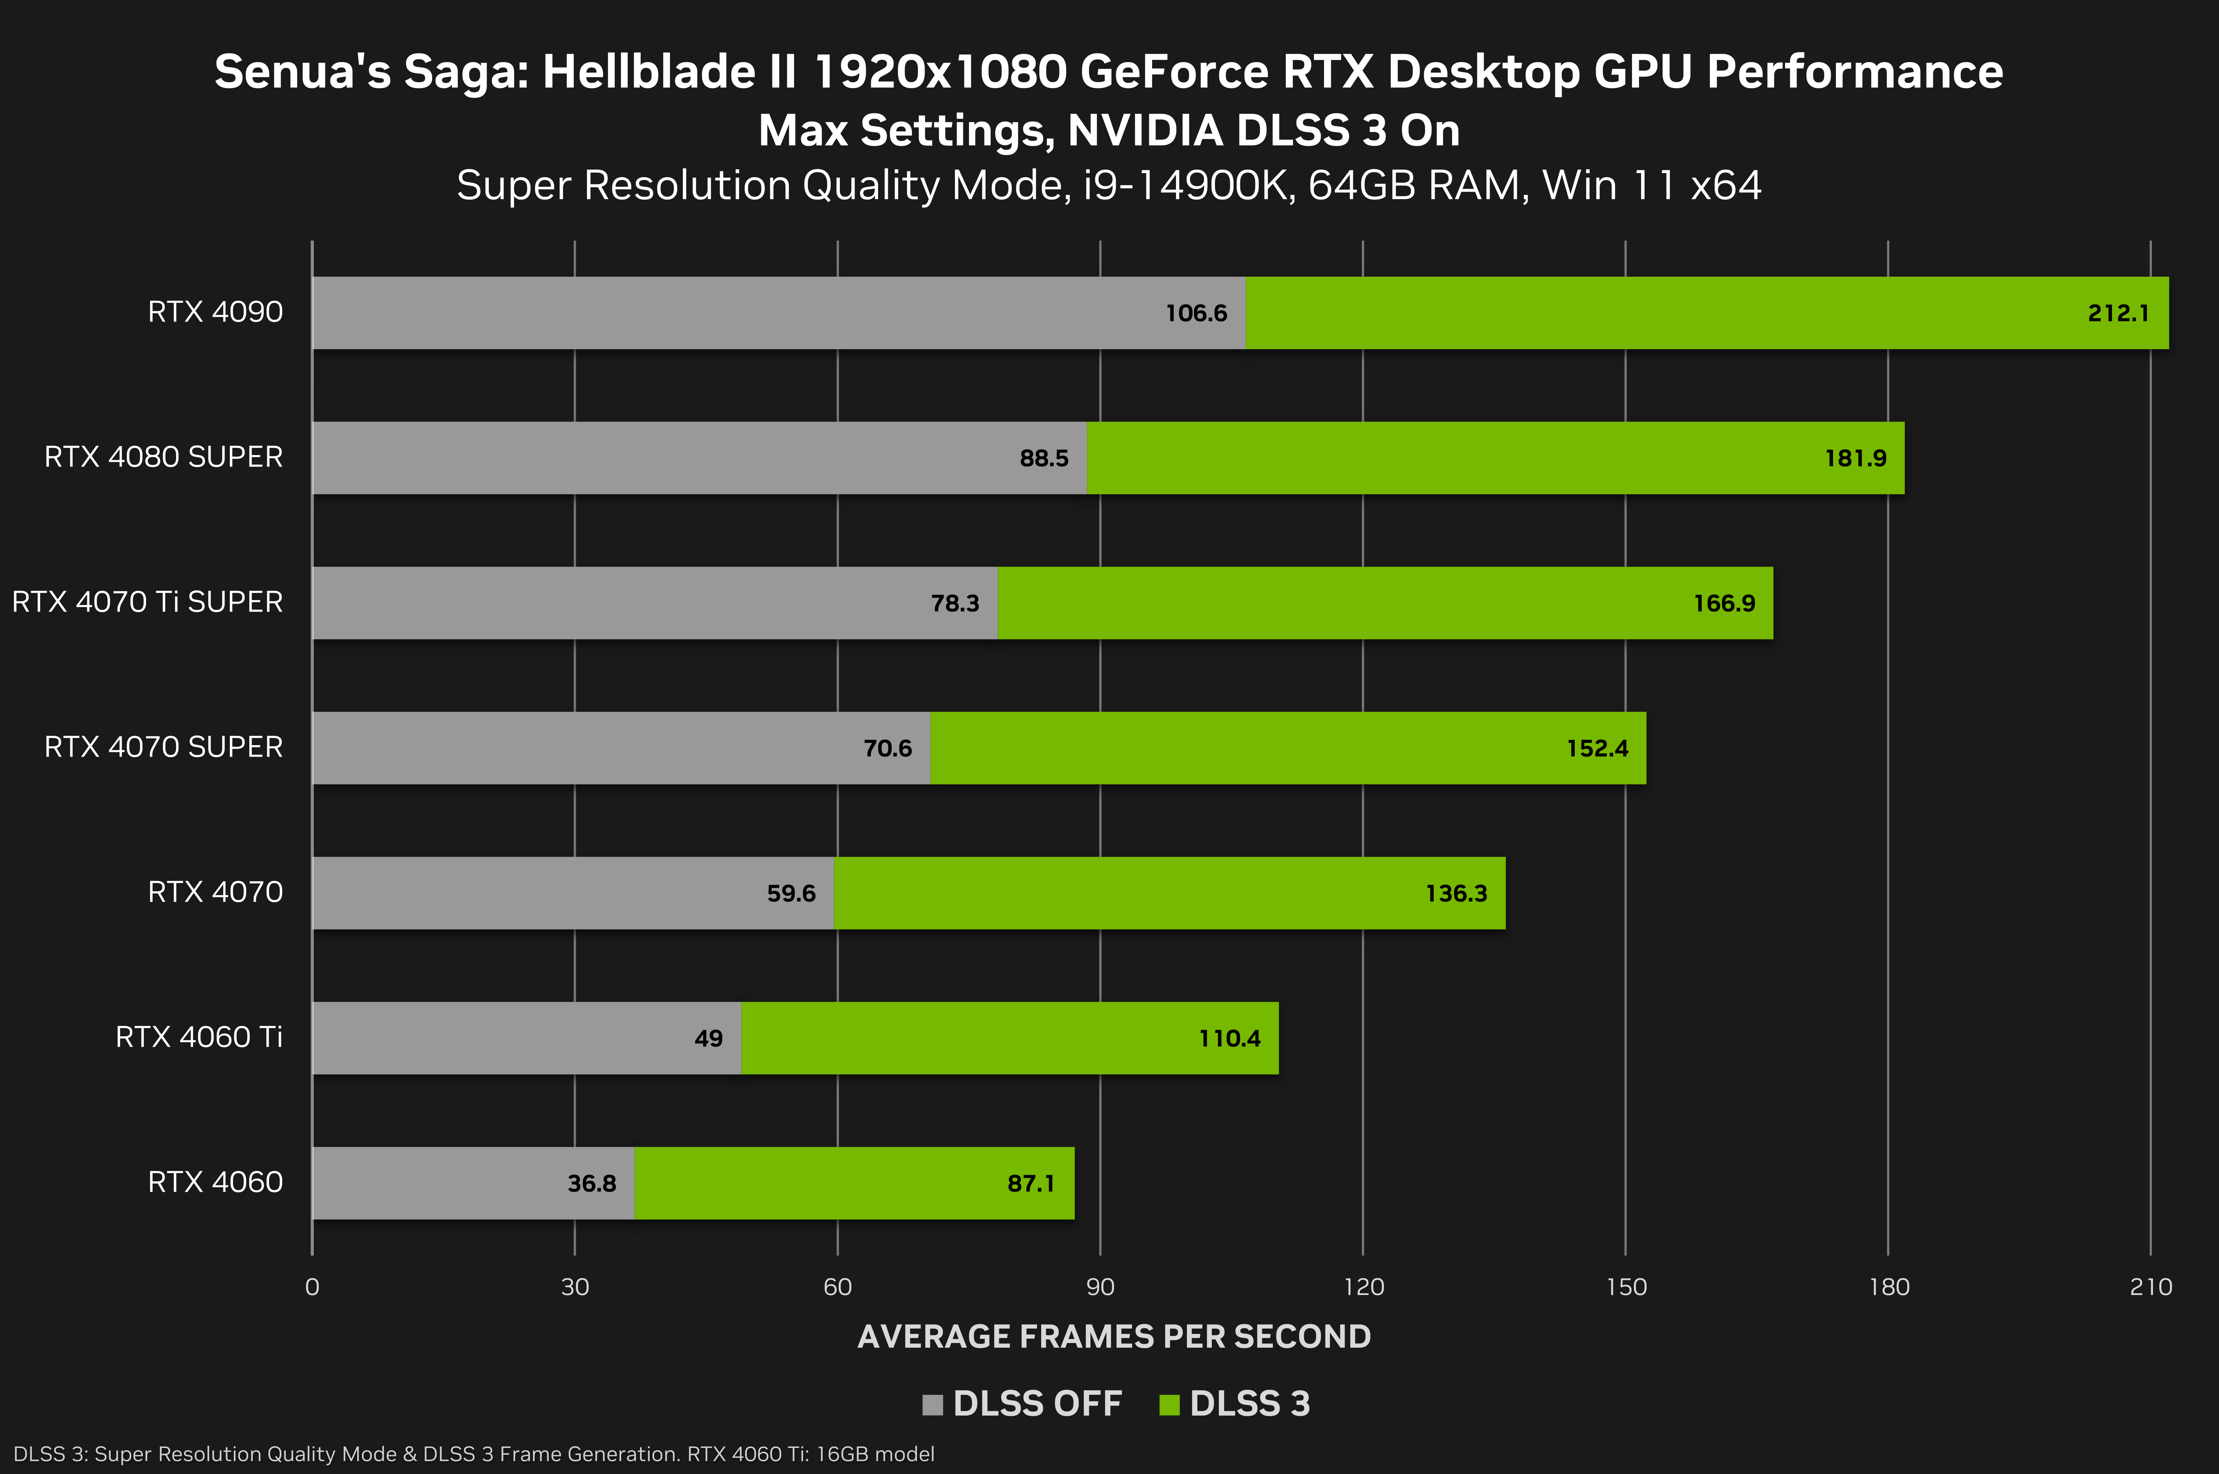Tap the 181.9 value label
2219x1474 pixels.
[1855, 459]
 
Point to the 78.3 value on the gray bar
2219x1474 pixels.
[955, 604]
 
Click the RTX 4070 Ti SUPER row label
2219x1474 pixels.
[148, 602]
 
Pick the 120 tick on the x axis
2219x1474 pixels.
[1363, 1287]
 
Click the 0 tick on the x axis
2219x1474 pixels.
[312, 1287]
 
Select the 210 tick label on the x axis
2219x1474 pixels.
[2150, 1287]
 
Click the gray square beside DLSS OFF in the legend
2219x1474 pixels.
[932, 1404]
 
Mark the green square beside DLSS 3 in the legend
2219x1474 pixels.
[1169, 1404]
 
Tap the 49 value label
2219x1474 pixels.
[709, 1039]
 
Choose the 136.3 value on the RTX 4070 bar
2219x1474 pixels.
[1456, 894]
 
